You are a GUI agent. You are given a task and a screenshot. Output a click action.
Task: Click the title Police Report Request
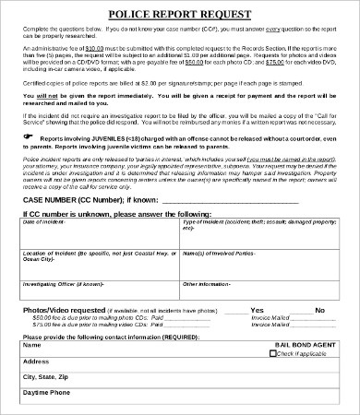pyautogui.click(x=179, y=15)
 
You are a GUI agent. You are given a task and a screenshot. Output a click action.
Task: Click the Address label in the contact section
pyautogui.click(x=35, y=362)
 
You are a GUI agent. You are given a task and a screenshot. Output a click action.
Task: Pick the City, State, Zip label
pyautogui.click(x=47, y=377)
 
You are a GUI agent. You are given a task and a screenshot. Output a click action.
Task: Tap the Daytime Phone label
pyautogui.click(x=46, y=393)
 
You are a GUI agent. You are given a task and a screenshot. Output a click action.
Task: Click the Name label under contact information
pyautogui.click(x=31, y=348)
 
